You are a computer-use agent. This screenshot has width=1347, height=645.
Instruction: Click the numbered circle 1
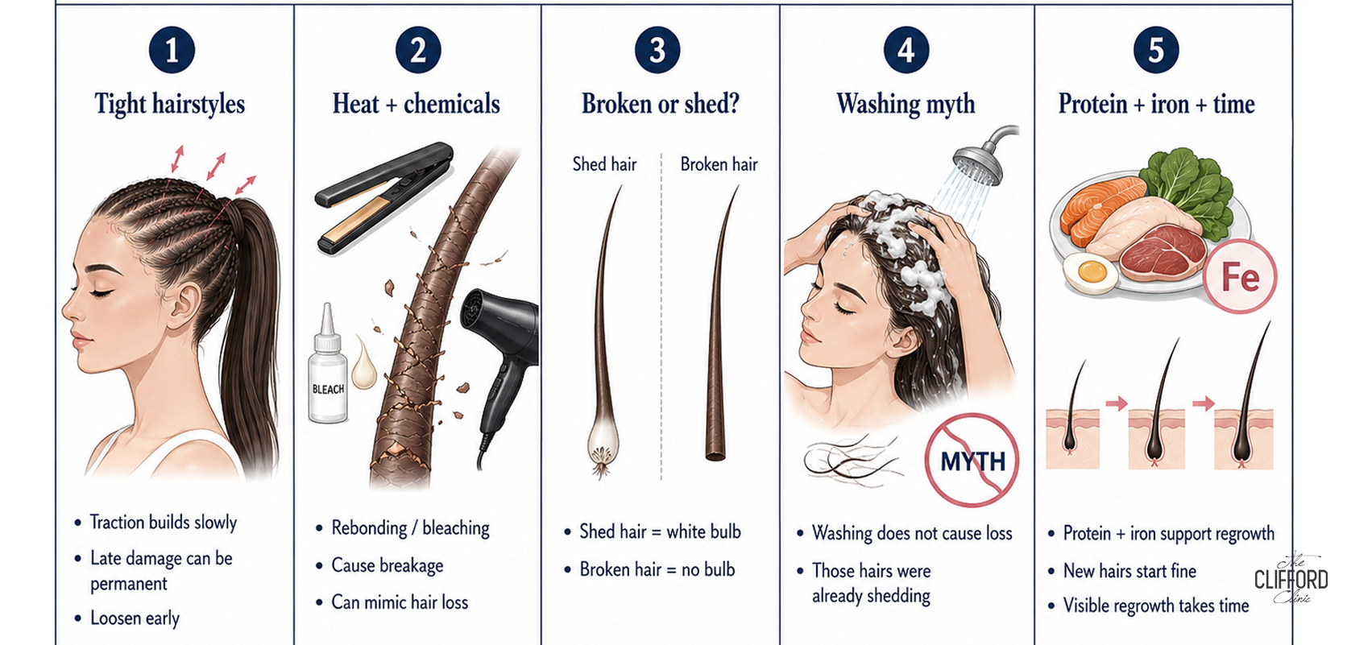coord(172,50)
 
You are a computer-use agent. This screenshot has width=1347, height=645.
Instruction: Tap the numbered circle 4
coord(906,50)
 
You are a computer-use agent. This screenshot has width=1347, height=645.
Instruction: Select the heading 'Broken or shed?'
coord(660,104)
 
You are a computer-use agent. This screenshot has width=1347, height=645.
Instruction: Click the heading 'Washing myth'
coord(906,105)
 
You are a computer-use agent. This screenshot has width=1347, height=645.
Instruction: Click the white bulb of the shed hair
coord(602,443)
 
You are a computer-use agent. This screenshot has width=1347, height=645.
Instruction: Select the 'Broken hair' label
coord(719,164)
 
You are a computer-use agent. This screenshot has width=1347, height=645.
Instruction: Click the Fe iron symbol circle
coord(1240,277)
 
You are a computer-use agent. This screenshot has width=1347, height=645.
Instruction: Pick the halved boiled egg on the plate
coord(1090,274)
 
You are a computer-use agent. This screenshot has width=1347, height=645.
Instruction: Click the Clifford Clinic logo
coord(1291,577)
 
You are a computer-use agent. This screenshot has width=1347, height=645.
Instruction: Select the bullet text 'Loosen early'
coord(135,618)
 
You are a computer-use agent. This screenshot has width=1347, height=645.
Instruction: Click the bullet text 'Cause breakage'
coord(388,565)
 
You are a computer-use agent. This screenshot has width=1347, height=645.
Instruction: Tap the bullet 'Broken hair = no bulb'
coord(657,569)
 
